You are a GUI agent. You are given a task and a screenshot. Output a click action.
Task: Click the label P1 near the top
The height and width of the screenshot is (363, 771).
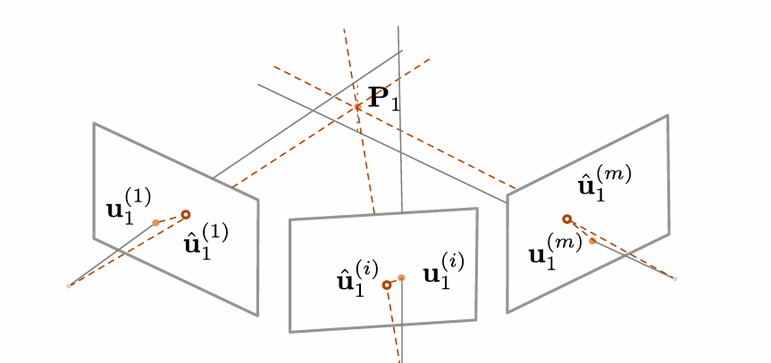pyautogui.click(x=384, y=97)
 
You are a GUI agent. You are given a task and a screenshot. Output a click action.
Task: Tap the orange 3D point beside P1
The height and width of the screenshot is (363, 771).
pyautogui.click(x=358, y=107)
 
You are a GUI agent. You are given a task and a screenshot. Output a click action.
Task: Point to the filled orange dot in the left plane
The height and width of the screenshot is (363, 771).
pyautogui.click(x=155, y=222)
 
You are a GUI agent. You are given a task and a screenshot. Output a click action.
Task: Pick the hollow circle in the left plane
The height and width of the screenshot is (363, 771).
pyautogui.click(x=186, y=214)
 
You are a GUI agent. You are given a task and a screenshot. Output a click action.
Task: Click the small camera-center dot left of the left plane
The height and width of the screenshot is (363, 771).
pyautogui.click(x=69, y=285)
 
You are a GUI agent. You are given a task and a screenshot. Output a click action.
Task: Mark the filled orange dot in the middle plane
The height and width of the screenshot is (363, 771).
pyautogui.click(x=401, y=278)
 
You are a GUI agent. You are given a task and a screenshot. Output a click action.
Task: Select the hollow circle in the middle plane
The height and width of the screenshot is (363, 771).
pyautogui.click(x=387, y=285)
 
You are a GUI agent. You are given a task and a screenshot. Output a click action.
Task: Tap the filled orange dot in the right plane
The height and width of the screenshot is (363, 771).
pyautogui.click(x=592, y=241)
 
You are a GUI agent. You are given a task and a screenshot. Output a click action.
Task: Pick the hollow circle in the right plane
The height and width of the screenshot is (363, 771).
pyautogui.click(x=566, y=219)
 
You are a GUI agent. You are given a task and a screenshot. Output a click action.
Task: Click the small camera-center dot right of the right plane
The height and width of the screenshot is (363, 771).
pyautogui.click(x=675, y=279)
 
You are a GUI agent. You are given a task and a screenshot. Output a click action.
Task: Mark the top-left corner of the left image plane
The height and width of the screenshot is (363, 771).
pyautogui.click(x=94, y=123)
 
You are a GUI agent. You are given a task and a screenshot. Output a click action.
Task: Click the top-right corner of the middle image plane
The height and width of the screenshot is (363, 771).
pyautogui.click(x=477, y=209)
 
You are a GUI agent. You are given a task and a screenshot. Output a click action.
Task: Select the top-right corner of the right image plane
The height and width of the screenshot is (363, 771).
pyautogui.click(x=667, y=115)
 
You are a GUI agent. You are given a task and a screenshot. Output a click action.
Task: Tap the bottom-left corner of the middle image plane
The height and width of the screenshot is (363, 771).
pyautogui.click(x=290, y=332)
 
